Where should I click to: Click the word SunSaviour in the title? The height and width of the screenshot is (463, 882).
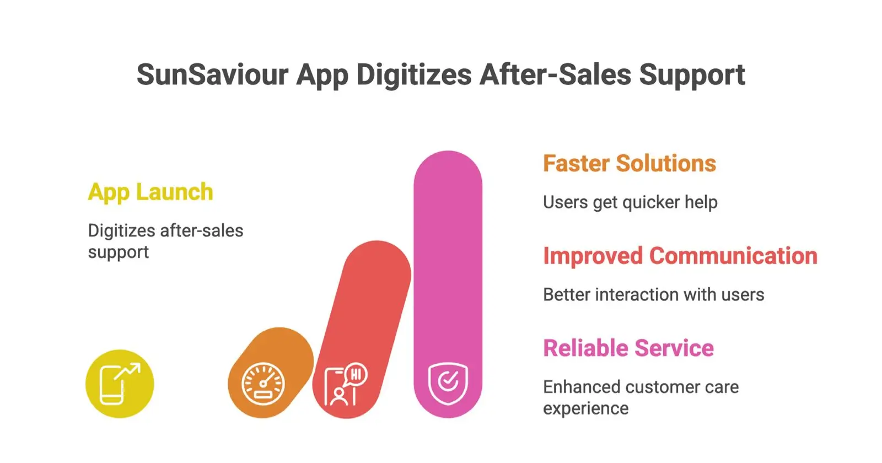(213, 74)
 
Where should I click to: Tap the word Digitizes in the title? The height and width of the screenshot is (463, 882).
(414, 74)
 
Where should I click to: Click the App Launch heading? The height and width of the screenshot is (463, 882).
(150, 193)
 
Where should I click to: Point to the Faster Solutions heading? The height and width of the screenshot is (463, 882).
(629, 163)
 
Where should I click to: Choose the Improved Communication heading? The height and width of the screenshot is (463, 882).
(680, 256)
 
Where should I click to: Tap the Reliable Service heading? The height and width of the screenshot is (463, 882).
(628, 348)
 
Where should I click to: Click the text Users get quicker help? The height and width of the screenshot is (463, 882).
(630, 203)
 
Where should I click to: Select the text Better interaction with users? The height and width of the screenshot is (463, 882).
(654, 294)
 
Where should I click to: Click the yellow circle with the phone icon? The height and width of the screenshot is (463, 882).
(120, 384)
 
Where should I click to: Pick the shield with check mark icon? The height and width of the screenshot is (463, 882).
(448, 384)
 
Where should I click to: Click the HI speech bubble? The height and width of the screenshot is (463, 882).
(355, 375)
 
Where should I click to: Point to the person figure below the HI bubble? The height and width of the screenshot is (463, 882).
(338, 397)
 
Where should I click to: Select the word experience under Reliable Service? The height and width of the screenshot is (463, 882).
(585, 409)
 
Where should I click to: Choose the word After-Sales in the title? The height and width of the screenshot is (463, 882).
(555, 74)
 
